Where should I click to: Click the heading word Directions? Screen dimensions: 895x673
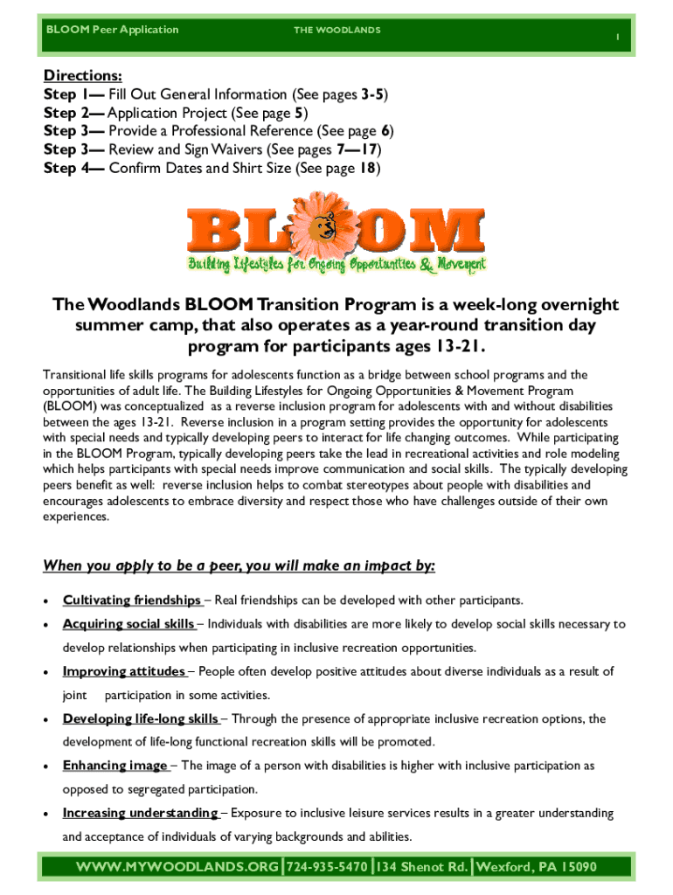tap(82, 75)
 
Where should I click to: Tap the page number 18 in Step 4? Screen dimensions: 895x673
tap(368, 168)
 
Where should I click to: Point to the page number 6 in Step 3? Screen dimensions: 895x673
tap(385, 131)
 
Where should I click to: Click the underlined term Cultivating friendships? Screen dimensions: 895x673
tap(132, 600)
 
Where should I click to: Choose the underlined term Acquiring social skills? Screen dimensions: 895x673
tap(129, 624)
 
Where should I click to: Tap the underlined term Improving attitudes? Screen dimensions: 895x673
tap(123, 671)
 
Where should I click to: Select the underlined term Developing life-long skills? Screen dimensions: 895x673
tap(141, 718)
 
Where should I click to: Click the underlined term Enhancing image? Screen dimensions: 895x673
tap(114, 766)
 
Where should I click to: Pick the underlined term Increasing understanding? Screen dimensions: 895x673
tap(141, 813)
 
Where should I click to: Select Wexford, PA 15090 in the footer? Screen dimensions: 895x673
tap(536, 867)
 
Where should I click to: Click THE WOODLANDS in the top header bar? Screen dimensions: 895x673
tap(336, 31)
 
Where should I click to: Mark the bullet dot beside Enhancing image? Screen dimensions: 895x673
tap(46, 767)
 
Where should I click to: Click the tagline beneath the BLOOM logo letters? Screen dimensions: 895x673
tap(336, 265)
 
